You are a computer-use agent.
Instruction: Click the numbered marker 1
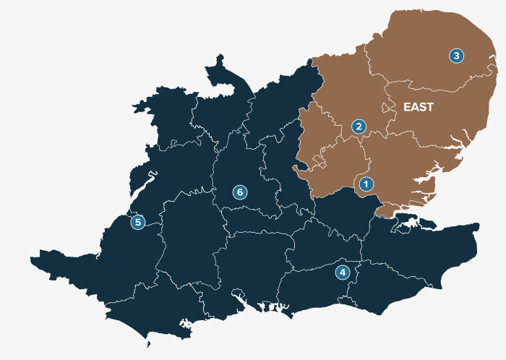tap(366, 184)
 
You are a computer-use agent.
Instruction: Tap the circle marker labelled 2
tap(358, 127)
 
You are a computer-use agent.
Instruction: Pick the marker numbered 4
tap(342, 273)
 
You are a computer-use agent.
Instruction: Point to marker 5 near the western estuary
tap(137, 222)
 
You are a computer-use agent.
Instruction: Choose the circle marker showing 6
tap(240, 192)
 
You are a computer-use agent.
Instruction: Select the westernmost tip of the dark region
tap(32, 257)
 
